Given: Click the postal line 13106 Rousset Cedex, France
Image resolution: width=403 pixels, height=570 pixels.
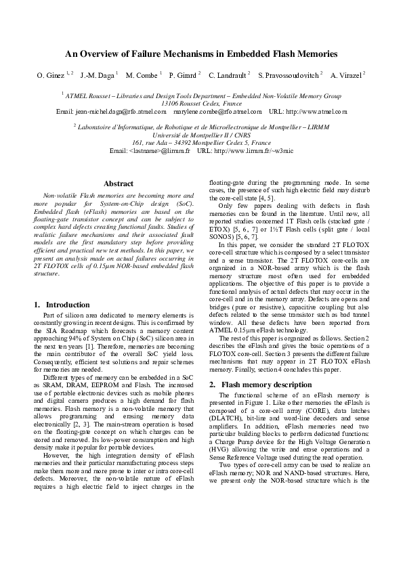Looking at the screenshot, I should [201, 104].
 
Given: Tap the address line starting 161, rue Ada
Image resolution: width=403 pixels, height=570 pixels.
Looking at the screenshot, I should [201, 142].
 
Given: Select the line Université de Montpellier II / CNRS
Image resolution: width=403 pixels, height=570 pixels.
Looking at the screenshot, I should [201, 134].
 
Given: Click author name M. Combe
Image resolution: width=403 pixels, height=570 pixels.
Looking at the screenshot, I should [142, 74].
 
